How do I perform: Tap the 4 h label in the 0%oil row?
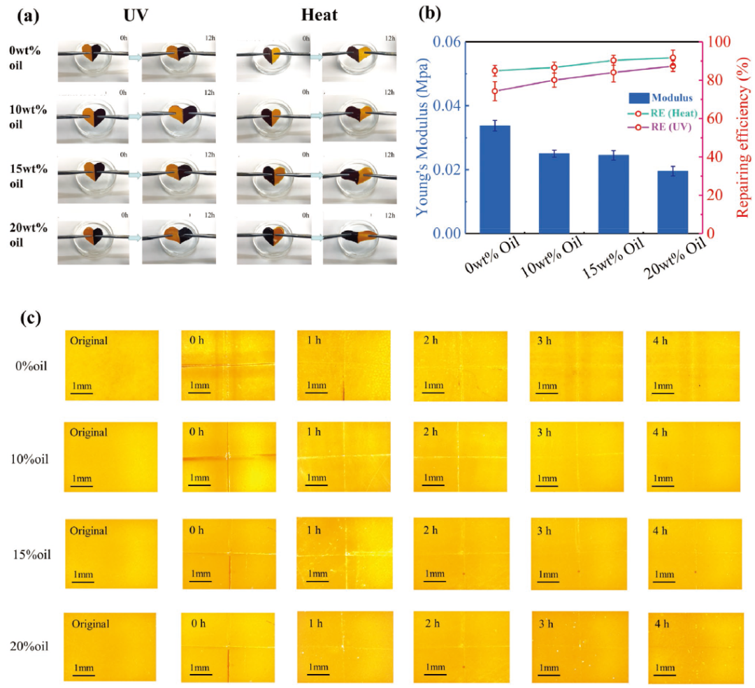661,341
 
